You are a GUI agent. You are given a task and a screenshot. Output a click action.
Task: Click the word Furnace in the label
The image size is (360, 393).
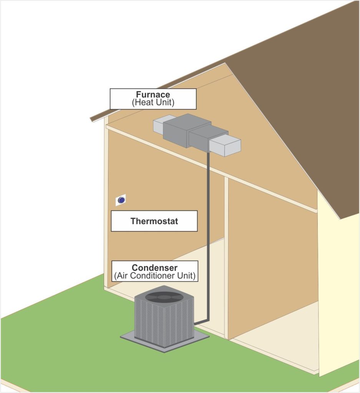click(153, 94)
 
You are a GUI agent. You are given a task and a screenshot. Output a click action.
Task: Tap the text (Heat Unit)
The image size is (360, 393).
click(153, 102)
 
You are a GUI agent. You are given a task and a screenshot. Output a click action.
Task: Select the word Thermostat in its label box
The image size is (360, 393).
click(154, 221)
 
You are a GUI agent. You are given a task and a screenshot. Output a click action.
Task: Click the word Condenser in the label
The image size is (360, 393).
click(154, 268)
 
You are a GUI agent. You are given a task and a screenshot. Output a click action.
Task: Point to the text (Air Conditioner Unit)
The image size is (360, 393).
click(154, 275)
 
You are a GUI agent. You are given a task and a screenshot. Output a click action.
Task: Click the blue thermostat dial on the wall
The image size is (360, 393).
click(121, 200)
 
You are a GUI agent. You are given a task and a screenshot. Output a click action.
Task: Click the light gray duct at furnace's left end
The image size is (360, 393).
click(159, 126)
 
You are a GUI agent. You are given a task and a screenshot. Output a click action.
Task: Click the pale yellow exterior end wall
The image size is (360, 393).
click(338, 292)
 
